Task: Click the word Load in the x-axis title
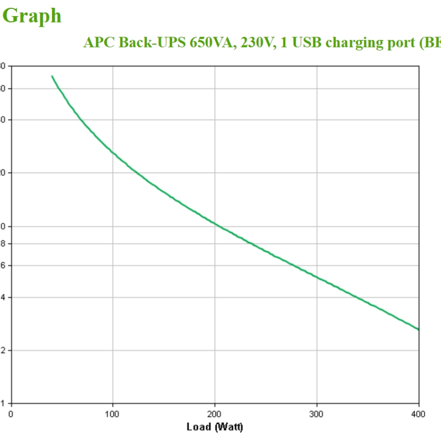click(198, 427)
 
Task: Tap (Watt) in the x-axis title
click(228, 427)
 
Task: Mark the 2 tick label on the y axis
click(2, 350)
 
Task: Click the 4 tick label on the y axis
click(2, 297)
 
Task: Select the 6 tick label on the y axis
click(2, 266)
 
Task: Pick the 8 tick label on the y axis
click(2, 244)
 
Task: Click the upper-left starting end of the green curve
click(52, 76)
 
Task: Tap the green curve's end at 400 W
click(418, 329)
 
